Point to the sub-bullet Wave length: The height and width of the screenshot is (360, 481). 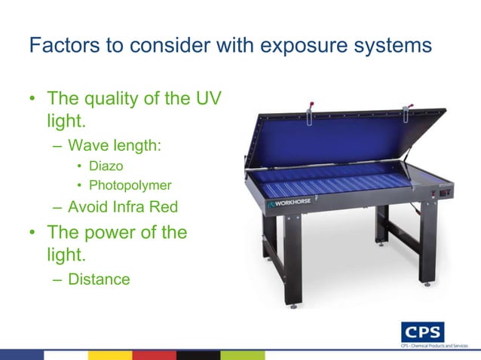(114, 144)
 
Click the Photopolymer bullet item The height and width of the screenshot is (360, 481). (130, 185)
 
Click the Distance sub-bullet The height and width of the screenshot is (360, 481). (98, 279)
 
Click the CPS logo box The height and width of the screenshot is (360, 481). (423, 331)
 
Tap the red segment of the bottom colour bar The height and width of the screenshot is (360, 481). (155, 354)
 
